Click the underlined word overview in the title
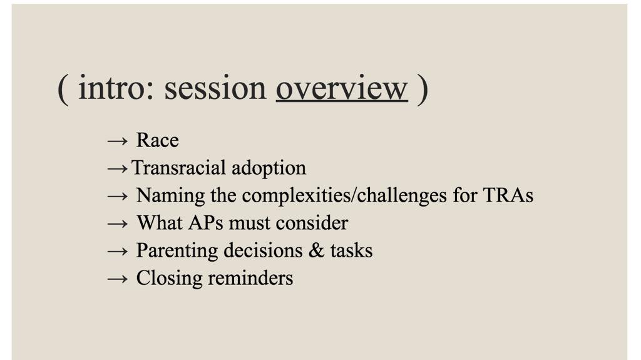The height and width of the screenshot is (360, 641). pyautogui.click(x=342, y=88)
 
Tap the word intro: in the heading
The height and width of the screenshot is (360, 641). pyautogui.click(x=117, y=88)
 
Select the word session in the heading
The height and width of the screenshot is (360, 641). pyautogui.click(x=215, y=88)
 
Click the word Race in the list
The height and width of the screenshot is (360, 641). pyautogui.click(x=158, y=140)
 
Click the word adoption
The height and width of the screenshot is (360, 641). pyautogui.click(x=269, y=168)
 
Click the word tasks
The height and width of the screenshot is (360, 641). pyautogui.click(x=352, y=250)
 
